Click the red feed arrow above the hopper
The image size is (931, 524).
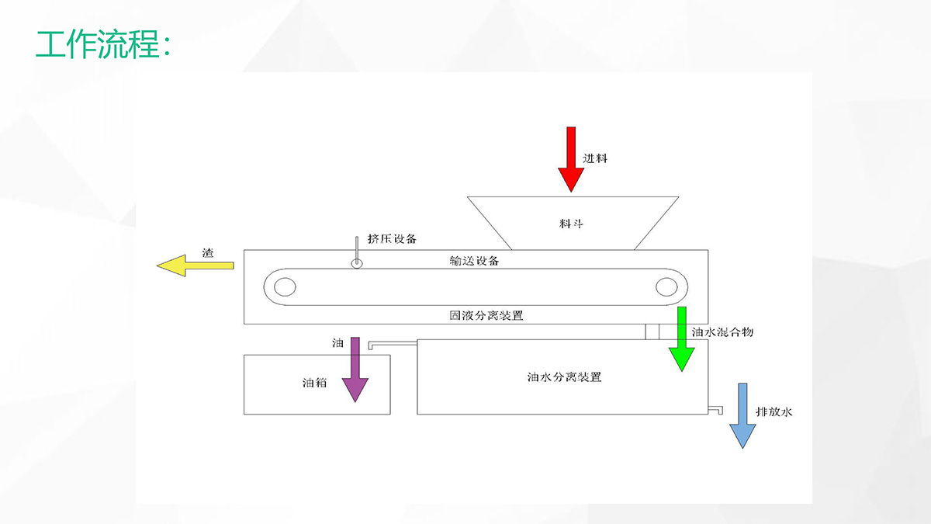click(571, 161)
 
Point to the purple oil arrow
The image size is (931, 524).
click(355, 370)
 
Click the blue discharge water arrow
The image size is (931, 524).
click(742, 416)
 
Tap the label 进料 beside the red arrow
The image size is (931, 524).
click(596, 158)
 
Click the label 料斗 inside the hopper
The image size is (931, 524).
click(571, 224)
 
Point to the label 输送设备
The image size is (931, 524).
click(474, 261)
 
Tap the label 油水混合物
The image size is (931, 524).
click(722, 331)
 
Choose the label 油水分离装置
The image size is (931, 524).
click(564, 378)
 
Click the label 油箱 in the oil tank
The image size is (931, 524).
click(314, 383)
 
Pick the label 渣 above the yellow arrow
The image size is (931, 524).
click(207, 252)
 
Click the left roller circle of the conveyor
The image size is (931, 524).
click(285, 287)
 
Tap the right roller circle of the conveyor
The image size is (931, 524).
click(666, 287)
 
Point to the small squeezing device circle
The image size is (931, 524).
click(357, 263)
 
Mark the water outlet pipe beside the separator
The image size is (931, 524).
click(716, 408)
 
